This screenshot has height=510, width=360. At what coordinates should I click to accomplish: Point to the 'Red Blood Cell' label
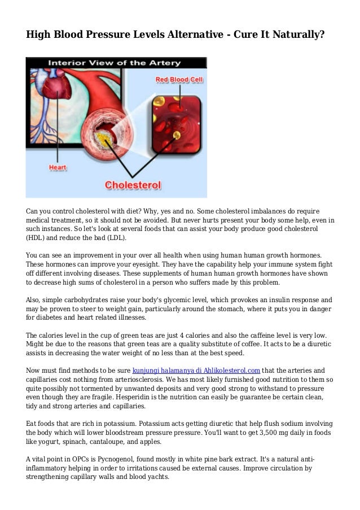click(179, 80)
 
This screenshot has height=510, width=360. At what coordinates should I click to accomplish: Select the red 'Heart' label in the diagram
click(58, 167)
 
